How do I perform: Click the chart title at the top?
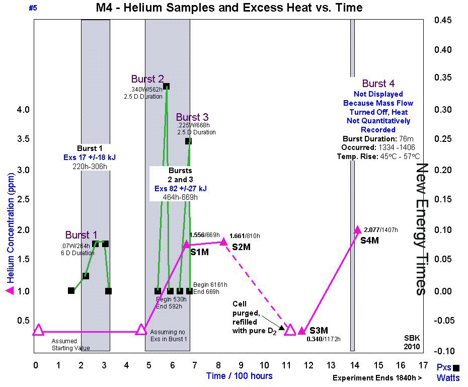(229, 8)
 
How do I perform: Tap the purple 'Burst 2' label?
(147, 79)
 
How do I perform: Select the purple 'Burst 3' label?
(192, 117)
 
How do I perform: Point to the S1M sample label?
(199, 252)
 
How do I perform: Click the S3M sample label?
(319, 331)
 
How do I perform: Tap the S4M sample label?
(369, 241)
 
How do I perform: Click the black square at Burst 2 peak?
(166, 86)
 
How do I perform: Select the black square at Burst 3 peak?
(188, 141)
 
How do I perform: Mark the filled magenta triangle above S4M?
(357, 229)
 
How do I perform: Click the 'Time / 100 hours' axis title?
(239, 376)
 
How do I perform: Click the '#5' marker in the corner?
(34, 8)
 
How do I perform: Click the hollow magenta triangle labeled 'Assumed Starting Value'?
(39, 330)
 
